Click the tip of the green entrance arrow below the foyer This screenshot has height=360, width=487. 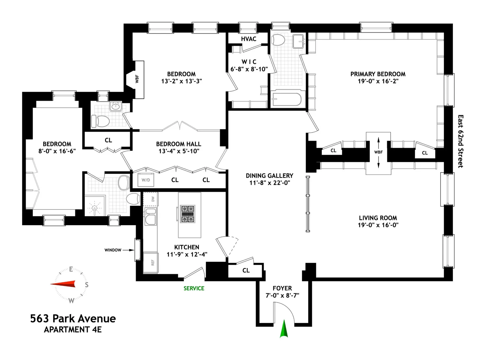pyautogui.click(x=284, y=320)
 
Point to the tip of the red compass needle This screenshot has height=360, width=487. pyautogui.click(x=51, y=284)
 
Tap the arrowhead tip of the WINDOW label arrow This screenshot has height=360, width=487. pyautogui.click(x=134, y=250)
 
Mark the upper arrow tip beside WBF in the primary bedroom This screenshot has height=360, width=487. pyautogui.click(x=378, y=137)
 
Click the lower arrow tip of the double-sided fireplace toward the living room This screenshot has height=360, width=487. pyautogui.click(x=378, y=168)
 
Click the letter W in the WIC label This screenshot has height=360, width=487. pyautogui.click(x=244, y=62)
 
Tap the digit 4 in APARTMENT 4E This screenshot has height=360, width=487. pyautogui.click(x=93, y=330)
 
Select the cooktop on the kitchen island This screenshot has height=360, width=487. pyautogui.click(x=187, y=214)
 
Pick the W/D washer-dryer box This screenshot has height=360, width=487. pyautogui.click(x=145, y=180)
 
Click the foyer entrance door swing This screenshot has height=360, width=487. pyautogui.click(x=284, y=313)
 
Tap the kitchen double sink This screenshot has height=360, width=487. pyautogui.click(x=150, y=216)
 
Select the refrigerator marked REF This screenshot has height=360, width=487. pyautogui.click(x=151, y=263)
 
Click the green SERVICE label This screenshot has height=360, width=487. pyautogui.click(x=194, y=288)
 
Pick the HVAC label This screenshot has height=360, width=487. pyautogui.click(x=249, y=39)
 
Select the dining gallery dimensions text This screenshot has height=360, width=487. pyautogui.click(x=269, y=183)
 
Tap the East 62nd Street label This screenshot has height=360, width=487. pyautogui.click(x=460, y=141)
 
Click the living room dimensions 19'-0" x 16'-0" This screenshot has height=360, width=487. pyautogui.click(x=378, y=225)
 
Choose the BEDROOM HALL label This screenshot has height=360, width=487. pyautogui.click(x=179, y=144)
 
